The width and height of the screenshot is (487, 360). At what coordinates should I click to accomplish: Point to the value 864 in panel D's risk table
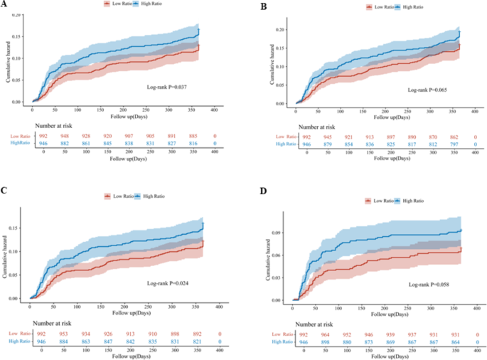click(x=455, y=342)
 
